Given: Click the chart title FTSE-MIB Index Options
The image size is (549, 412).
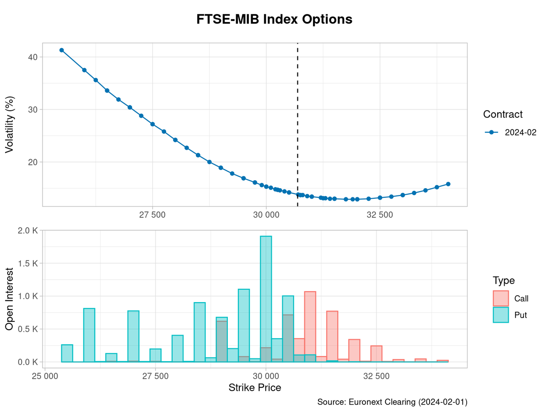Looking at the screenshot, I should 274,19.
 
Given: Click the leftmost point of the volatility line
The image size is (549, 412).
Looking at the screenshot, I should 62,50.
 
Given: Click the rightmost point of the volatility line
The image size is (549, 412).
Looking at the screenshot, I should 448,184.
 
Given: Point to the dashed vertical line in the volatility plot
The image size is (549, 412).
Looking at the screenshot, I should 298,114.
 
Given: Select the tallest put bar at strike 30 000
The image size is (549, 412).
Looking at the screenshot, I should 266,298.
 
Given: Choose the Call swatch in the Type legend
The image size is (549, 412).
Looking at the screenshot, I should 501,298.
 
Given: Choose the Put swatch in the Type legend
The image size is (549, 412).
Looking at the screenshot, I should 501,314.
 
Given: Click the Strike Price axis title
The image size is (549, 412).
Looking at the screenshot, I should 255,388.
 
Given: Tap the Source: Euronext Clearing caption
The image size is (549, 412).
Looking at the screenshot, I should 392,402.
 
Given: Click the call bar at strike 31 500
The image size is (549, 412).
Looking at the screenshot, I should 332,336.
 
